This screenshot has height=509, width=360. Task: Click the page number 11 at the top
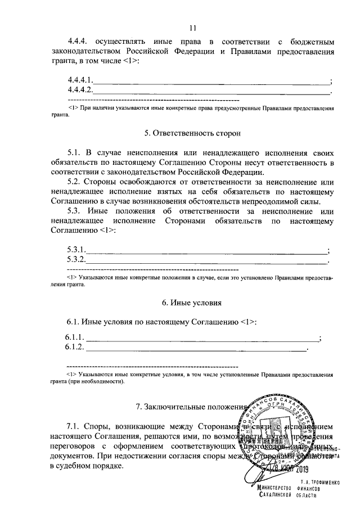(x=192, y=29)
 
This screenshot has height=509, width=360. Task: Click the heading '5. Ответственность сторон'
(x=192, y=134)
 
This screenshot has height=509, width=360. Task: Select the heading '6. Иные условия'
(x=192, y=303)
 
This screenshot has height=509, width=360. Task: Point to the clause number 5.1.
(x=74, y=152)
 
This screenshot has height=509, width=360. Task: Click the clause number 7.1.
(x=74, y=426)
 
